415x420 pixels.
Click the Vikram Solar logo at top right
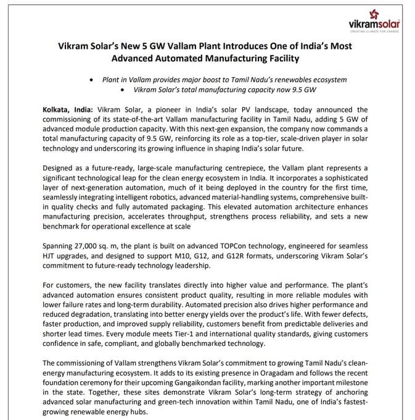point(375,20)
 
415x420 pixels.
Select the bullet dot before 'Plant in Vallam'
point(91,80)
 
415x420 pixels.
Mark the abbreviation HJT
point(51,256)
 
